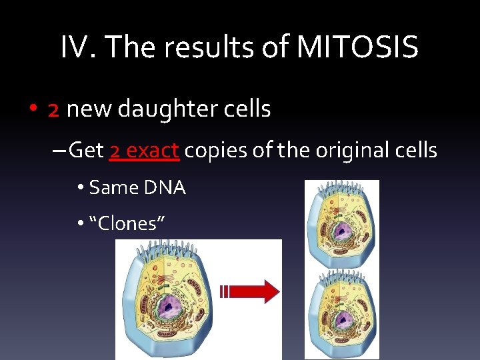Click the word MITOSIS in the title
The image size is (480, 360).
357,47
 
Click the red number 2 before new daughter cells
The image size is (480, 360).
54,109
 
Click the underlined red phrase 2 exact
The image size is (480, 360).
143,151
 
